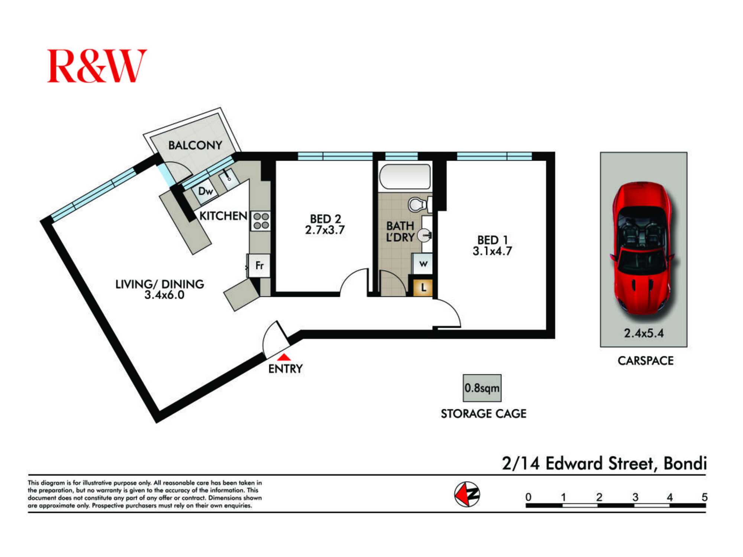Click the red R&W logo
click(x=97, y=66)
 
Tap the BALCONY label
click(x=195, y=145)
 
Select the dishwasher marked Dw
click(x=205, y=191)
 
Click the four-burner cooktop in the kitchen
click(x=261, y=221)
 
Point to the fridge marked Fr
click(x=259, y=265)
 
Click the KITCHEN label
click(x=223, y=216)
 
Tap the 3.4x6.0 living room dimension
click(x=164, y=295)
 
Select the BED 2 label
click(x=325, y=219)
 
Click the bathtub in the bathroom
click(x=405, y=177)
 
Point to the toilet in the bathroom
click(x=420, y=205)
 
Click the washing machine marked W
click(x=423, y=264)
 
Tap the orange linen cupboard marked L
click(x=423, y=287)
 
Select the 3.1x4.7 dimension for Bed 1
click(x=492, y=251)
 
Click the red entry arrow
click(x=284, y=357)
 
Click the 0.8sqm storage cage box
click(x=482, y=388)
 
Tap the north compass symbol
click(x=467, y=494)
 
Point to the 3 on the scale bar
click(x=635, y=497)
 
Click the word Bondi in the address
click(x=685, y=463)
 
